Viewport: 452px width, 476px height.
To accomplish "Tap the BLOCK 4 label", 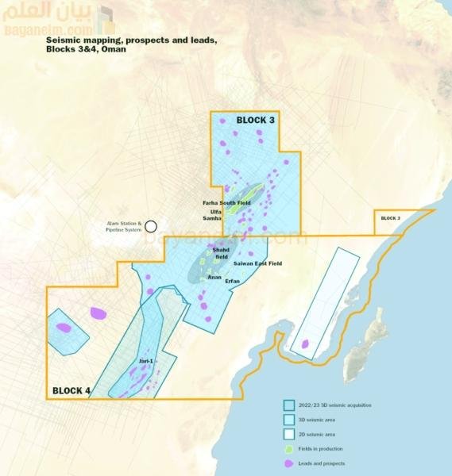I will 71,390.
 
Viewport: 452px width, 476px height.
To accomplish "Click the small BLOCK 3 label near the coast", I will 390,217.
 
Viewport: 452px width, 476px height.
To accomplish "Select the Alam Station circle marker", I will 151,226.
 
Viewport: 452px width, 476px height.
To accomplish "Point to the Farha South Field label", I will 226,203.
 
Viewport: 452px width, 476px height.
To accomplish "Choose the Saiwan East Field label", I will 258,263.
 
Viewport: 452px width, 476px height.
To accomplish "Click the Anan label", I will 214,278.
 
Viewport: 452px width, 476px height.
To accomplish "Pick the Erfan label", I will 233,282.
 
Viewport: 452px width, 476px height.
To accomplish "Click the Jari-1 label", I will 145,362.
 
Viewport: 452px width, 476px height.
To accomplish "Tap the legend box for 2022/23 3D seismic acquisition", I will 289,405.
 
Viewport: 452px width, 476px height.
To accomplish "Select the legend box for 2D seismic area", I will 289,434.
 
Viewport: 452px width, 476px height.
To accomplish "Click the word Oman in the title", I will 112,48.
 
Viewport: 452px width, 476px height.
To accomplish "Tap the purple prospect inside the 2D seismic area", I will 305,344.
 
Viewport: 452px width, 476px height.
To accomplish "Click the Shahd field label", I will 221,253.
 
